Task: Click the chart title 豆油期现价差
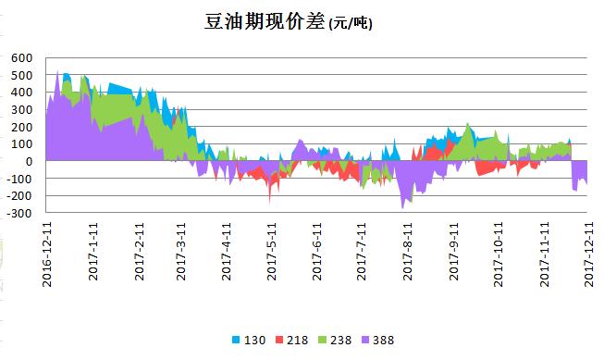[264, 21]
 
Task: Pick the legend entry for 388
[383, 341]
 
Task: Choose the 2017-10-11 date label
[499, 253]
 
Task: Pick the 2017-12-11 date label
[588, 253]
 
